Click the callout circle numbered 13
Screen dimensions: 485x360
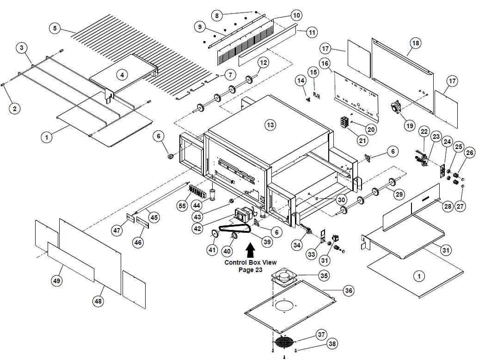click(270, 125)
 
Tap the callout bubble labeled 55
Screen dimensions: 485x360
click(182, 205)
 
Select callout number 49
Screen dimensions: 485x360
click(56, 281)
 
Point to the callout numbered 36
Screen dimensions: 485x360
click(349, 291)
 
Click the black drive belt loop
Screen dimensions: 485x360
click(235, 229)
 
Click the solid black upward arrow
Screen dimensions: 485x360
click(250, 250)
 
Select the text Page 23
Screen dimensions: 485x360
click(251, 270)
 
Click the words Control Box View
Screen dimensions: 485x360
click(251, 262)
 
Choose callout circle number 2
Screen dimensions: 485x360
click(14, 109)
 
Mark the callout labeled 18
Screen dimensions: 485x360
click(416, 43)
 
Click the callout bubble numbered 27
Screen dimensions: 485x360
click(460, 206)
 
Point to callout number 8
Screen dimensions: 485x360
click(217, 15)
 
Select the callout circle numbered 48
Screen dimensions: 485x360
click(98, 301)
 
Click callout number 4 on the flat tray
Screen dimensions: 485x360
click(122, 74)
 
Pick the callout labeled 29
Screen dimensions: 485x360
click(399, 194)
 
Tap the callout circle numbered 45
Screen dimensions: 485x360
click(154, 217)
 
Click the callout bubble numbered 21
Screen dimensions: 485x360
click(362, 141)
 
